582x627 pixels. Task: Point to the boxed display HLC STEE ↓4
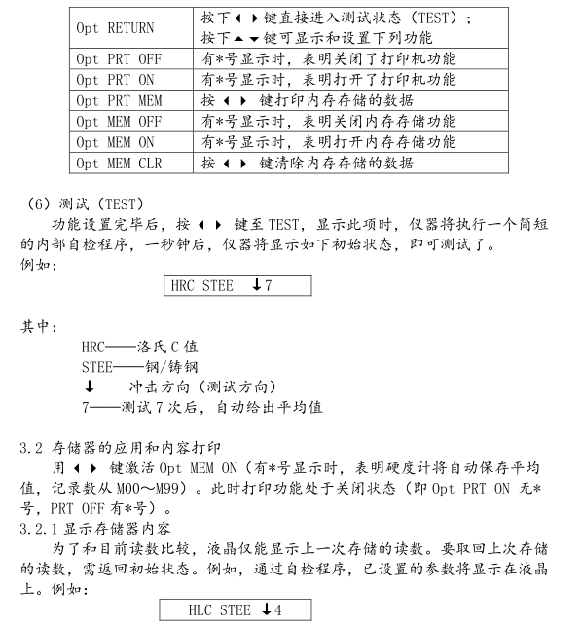(x=236, y=611)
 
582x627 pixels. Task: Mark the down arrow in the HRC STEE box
(x=255, y=285)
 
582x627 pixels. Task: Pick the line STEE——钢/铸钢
(x=140, y=367)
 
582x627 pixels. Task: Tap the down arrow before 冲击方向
(x=89, y=387)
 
